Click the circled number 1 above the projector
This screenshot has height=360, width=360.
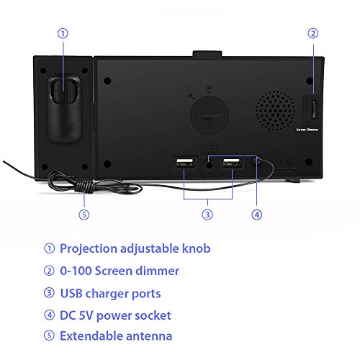pos(63,33)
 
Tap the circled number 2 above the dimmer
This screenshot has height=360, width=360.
pos(313,33)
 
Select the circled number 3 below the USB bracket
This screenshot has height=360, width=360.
pos(207,215)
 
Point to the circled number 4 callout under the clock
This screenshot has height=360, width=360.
pos(257,215)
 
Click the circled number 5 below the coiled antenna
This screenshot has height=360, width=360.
pos(84,215)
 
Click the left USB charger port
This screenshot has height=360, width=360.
pos(185,163)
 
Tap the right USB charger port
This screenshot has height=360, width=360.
pos(232,163)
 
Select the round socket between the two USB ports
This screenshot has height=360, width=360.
pos(209,165)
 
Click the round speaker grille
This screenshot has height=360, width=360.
pos(275,111)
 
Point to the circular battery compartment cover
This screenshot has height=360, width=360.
pos(210,114)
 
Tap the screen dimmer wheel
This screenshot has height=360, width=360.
pos(314,109)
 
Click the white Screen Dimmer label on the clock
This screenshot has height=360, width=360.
pos(307,130)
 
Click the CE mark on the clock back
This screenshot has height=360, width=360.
pos(287,161)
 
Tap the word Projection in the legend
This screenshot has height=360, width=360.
pos(89,248)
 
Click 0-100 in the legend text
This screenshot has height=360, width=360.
pos(76,271)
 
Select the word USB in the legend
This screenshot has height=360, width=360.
pos(71,293)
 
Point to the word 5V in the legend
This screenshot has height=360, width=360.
pos(86,315)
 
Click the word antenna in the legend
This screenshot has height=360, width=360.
pos(149,336)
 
